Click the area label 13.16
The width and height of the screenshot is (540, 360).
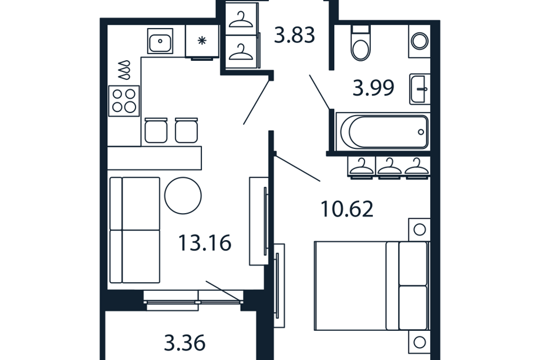205,243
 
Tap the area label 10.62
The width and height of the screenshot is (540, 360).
347,209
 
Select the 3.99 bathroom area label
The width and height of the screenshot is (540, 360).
373,88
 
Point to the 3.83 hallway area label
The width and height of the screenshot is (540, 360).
294,35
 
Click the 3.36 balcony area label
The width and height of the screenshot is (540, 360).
185,343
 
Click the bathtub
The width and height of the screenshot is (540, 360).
382,132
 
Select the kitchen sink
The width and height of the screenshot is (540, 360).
160,41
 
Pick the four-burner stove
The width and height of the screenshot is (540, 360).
124,101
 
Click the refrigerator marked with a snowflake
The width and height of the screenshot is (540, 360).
202,41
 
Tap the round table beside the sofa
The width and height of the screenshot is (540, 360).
183,196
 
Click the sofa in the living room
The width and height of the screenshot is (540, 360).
134,230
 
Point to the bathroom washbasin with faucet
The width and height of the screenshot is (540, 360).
420,89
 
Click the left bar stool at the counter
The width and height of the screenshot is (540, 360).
156,130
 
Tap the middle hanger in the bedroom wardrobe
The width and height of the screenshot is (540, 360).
389,166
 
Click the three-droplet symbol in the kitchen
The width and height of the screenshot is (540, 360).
125,70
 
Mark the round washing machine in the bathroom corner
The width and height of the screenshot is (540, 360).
420,41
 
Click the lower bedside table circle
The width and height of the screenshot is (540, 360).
420,343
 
